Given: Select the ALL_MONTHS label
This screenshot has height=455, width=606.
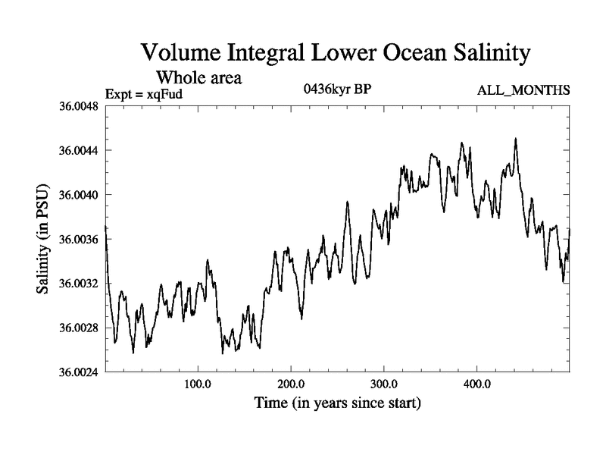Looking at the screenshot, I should [523, 91].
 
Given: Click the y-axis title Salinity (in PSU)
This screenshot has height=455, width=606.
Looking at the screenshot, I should [44, 239].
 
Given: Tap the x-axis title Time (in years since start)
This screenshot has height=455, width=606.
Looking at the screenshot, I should [337, 403].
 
